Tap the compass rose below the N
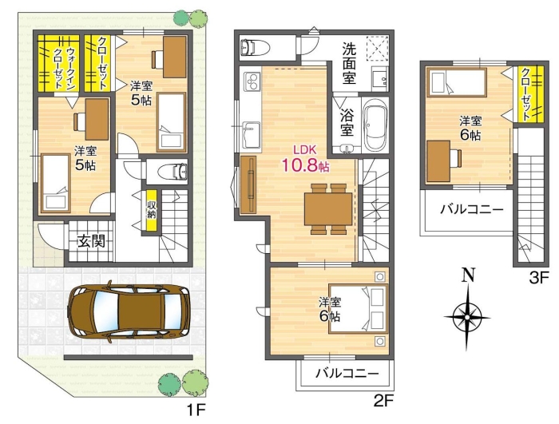tap(466, 316)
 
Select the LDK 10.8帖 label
tap(305, 160)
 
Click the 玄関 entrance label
tap(92, 242)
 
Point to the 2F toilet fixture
tap(256, 47)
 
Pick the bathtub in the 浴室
tap(375, 125)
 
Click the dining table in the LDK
tap(328, 209)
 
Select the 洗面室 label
tap(349, 63)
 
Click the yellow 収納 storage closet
tap(152, 210)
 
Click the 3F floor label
tap(538, 278)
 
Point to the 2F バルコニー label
tap(347, 374)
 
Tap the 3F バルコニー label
tap(472, 208)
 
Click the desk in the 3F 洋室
tap(438, 161)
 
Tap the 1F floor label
tap(196, 410)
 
